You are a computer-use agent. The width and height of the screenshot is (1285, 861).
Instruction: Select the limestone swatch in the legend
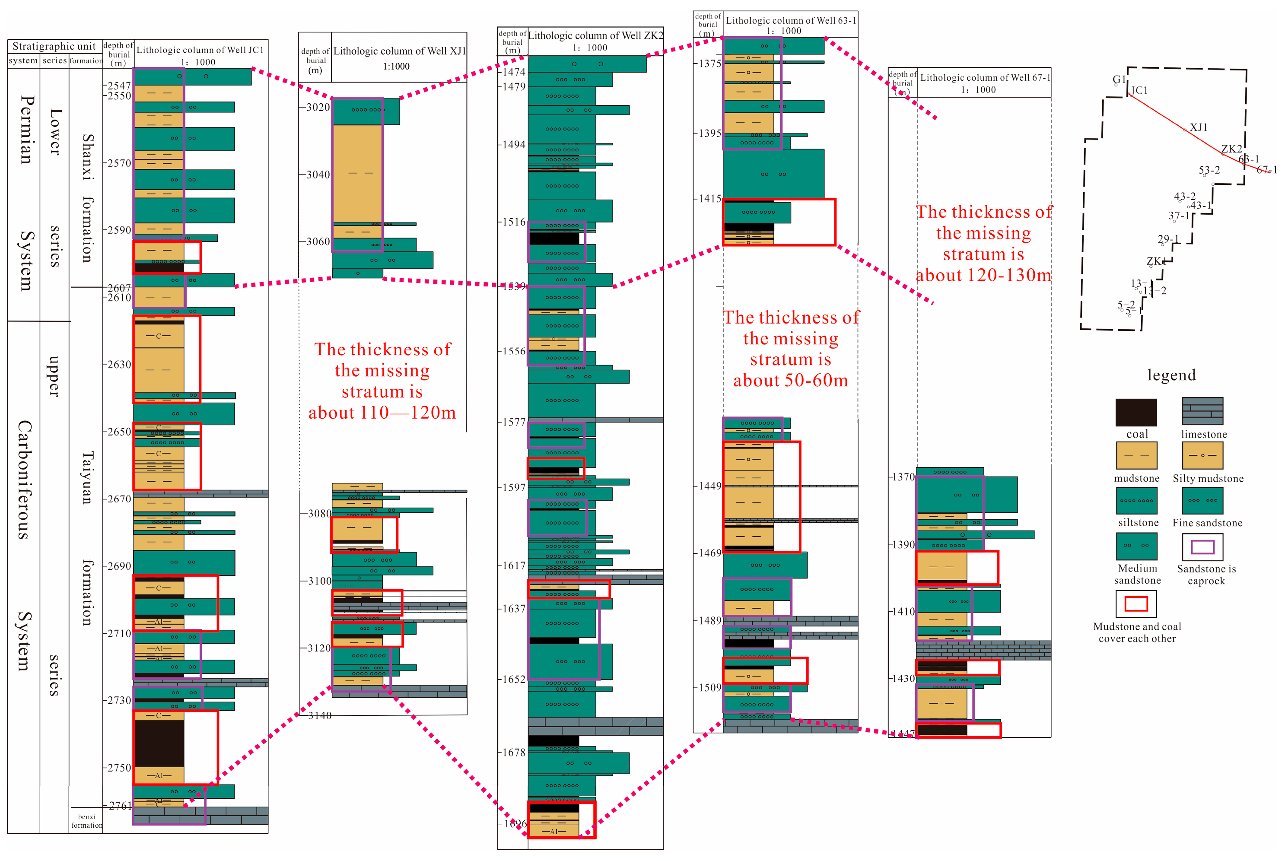(x=1202, y=411)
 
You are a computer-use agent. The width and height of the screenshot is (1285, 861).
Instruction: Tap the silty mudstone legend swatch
(x=1202, y=455)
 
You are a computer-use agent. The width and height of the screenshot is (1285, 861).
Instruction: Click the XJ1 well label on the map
(x=1198, y=127)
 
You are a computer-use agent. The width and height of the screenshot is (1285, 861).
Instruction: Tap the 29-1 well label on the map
(x=1167, y=239)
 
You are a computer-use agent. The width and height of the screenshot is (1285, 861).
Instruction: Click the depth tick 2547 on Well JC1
(x=119, y=86)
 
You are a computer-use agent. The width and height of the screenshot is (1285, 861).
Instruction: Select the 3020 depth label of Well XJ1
(x=318, y=107)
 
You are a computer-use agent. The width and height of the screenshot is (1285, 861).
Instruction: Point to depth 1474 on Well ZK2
(x=514, y=72)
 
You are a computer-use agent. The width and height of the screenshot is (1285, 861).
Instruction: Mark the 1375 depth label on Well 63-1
(x=709, y=64)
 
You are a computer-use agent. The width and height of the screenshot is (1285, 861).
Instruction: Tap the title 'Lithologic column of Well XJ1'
(x=399, y=51)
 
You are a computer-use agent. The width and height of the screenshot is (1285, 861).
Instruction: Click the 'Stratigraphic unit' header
(x=54, y=46)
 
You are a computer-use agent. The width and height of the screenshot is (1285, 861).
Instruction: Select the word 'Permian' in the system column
(x=26, y=130)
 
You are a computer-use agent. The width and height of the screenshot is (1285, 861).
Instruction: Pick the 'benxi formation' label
(x=86, y=820)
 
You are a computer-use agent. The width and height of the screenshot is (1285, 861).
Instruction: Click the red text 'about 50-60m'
(x=790, y=380)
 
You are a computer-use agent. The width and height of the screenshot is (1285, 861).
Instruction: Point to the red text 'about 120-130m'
(x=983, y=275)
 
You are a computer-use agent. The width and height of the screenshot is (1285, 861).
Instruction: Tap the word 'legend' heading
(x=1171, y=375)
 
